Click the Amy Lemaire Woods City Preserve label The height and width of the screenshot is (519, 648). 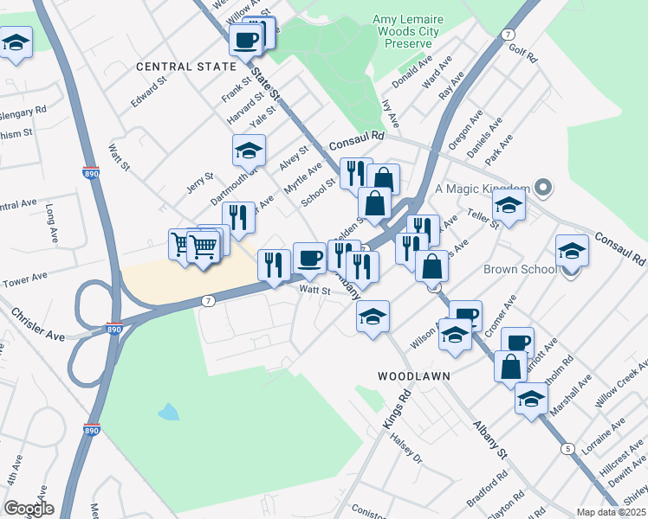point(402,31)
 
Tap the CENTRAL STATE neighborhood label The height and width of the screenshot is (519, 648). point(185,67)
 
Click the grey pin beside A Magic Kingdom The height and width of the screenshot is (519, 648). point(543,188)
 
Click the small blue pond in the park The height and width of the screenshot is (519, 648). point(169,412)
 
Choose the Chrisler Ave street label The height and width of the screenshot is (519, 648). point(39,322)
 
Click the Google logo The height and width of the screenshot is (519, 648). point(29,509)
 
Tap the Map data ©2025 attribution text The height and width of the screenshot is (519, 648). point(610,512)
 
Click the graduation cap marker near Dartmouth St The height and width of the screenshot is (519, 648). point(249,151)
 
